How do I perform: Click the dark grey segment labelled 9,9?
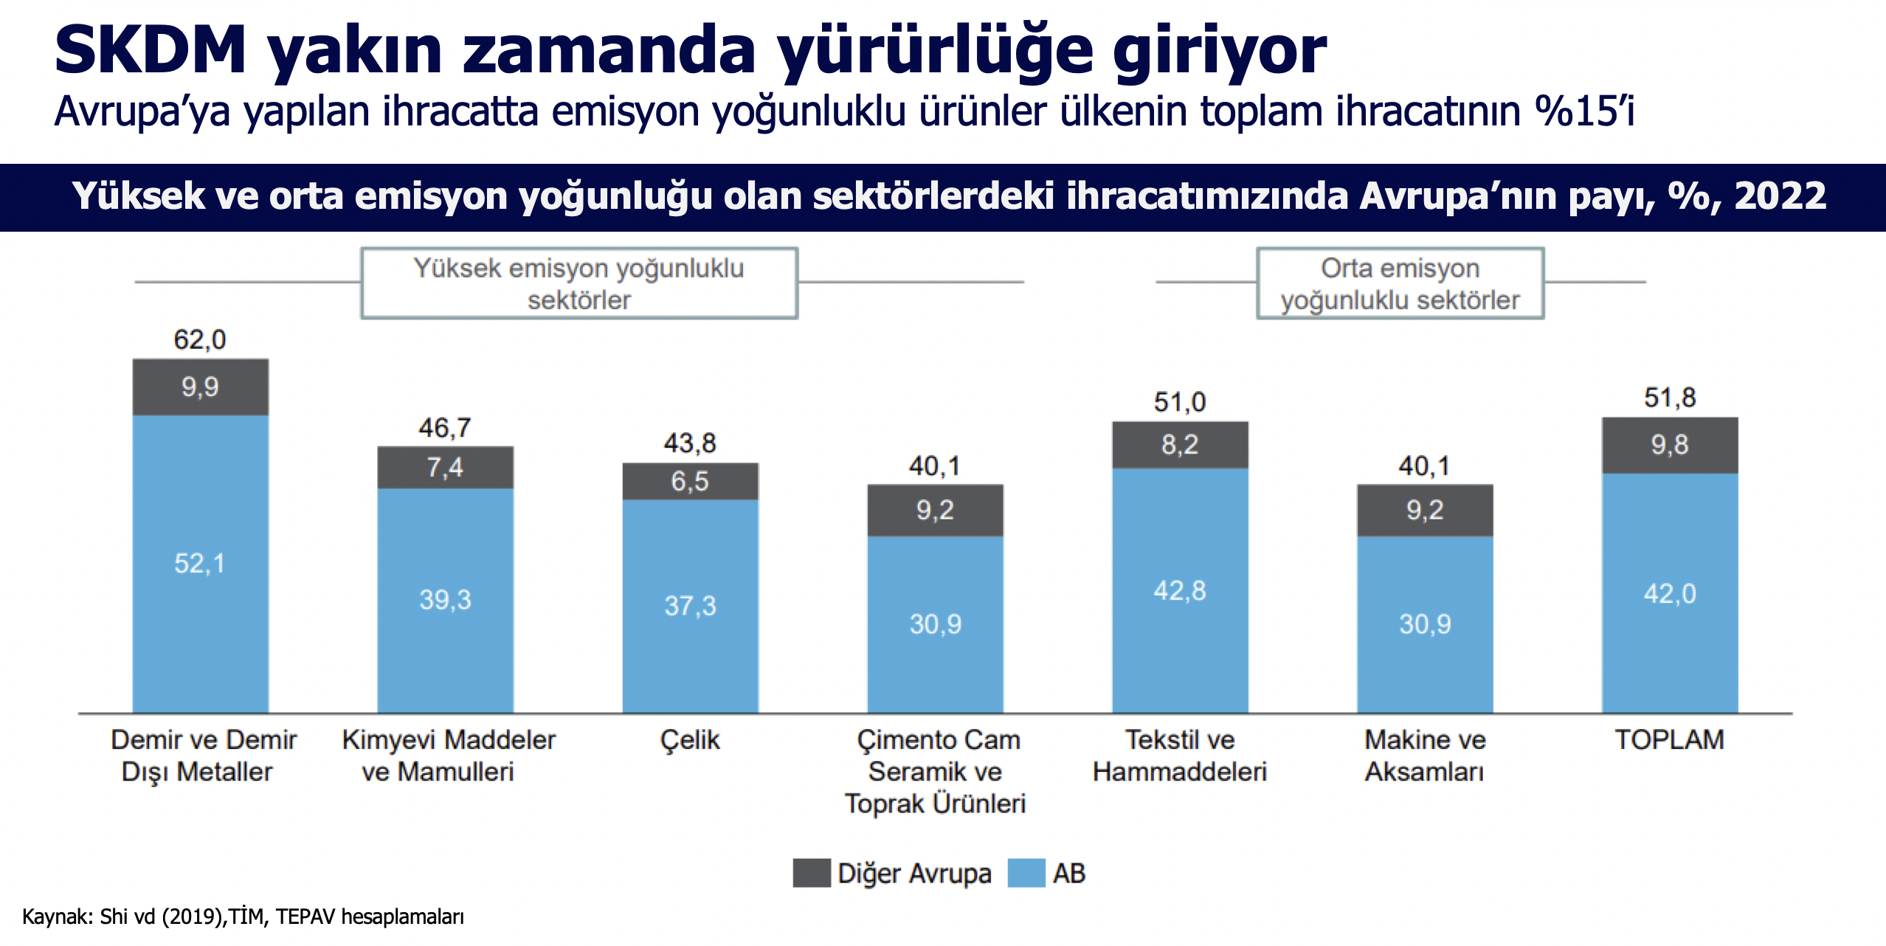pyautogui.click(x=200, y=387)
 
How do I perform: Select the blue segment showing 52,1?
pyautogui.click(x=200, y=564)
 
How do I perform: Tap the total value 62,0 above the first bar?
pyautogui.click(x=200, y=339)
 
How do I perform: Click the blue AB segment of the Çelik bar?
pyautogui.click(x=690, y=606)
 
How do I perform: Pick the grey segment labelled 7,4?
pyautogui.click(x=445, y=467)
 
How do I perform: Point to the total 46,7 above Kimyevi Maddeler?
pyautogui.click(x=445, y=427)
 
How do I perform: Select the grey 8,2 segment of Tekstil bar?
pyautogui.click(x=1180, y=444)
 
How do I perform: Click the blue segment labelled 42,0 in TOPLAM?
pyautogui.click(x=1670, y=593)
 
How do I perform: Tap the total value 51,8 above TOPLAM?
pyautogui.click(x=1670, y=398)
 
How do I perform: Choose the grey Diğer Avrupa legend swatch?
pyautogui.click(x=812, y=873)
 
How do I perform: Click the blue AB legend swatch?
pyautogui.click(x=1026, y=873)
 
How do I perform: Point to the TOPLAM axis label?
pyautogui.click(x=1670, y=739)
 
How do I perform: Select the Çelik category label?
pyautogui.click(x=690, y=739)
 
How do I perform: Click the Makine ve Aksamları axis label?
pyautogui.click(x=1425, y=756)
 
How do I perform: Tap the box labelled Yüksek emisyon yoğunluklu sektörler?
pyautogui.click(x=579, y=283)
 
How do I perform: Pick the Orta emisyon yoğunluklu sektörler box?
pyautogui.click(x=1400, y=283)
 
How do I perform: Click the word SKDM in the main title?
pyautogui.click(x=151, y=50)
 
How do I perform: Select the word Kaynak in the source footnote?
pyautogui.click(x=56, y=916)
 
